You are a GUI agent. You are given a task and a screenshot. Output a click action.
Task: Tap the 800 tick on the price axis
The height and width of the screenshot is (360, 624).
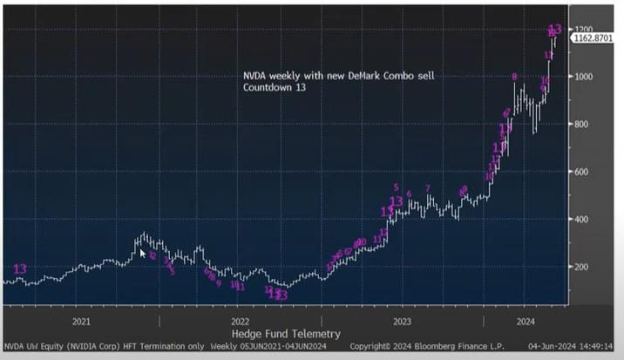[x=584, y=125]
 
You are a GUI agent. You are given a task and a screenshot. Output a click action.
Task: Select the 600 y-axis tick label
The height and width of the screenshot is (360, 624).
[x=584, y=172]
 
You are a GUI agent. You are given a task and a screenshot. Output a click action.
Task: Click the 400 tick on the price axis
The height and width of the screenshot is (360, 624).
[x=584, y=219]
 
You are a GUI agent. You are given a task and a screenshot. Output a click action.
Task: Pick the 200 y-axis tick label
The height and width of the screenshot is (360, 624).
[x=584, y=267]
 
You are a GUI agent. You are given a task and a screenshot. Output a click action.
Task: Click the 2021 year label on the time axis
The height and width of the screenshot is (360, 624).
[x=81, y=321]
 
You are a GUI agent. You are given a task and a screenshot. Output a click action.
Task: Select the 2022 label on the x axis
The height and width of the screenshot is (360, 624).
[x=241, y=321]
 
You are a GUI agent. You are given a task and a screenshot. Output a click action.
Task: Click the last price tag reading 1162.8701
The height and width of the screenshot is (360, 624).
[x=593, y=39]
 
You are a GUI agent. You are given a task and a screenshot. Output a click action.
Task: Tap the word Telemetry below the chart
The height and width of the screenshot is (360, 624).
[x=314, y=334]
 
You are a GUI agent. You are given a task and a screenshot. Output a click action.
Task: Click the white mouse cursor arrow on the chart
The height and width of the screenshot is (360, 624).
[x=144, y=254]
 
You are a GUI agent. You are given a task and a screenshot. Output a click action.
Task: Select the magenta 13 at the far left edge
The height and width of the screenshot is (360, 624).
[x=20, y=268]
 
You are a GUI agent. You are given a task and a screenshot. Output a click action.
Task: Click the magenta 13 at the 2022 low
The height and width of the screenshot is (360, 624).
[x=281, y=295]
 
